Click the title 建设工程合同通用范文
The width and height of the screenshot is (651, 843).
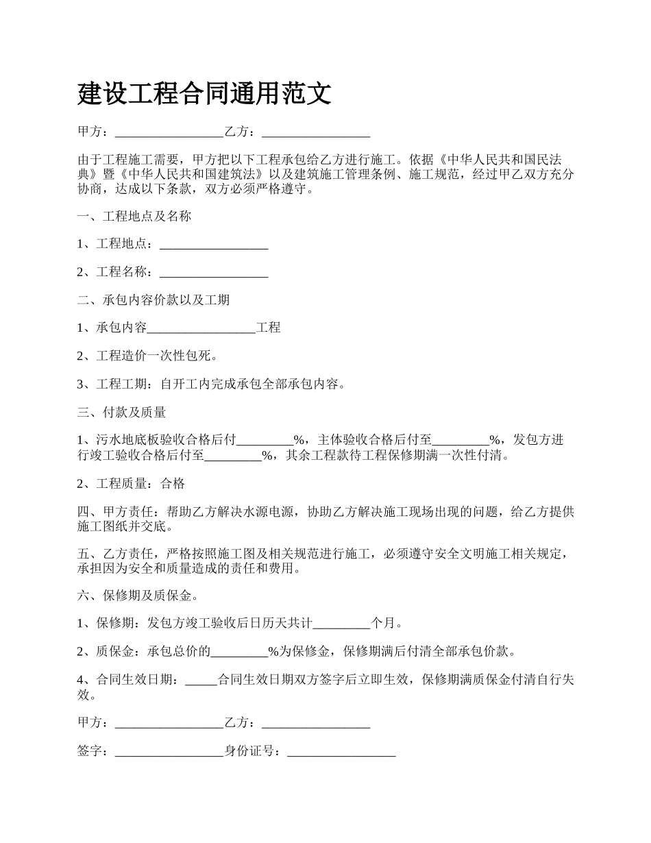204,93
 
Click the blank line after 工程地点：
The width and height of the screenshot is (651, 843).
213,245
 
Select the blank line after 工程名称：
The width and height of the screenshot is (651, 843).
213,273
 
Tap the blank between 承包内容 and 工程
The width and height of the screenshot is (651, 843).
201,328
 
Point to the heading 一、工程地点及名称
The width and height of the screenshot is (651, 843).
134,217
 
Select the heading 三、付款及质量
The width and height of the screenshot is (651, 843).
122,413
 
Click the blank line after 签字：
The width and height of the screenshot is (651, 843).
169,752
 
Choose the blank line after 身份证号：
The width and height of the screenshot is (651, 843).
341,752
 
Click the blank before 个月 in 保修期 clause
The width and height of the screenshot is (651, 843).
341,624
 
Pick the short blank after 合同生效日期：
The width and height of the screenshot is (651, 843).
201,681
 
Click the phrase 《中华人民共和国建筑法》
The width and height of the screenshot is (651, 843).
191,174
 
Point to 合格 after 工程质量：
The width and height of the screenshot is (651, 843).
173,484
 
